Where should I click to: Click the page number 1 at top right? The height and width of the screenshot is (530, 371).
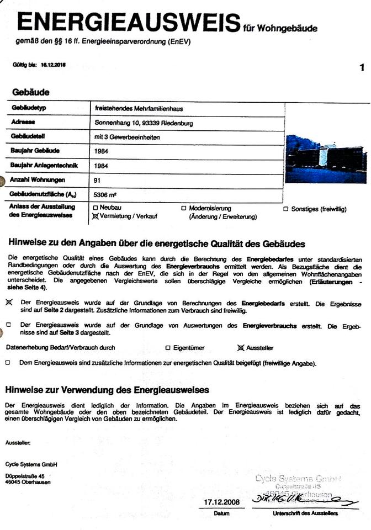[x=362, y=68]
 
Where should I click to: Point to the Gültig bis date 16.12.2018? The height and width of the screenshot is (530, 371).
[x=54, y=64]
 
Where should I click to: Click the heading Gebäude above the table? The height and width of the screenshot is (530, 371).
[x=31, y=92]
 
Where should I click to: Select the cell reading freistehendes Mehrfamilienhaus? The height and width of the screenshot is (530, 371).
[x=133, y=109]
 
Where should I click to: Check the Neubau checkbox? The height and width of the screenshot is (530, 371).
[x=95, y=208]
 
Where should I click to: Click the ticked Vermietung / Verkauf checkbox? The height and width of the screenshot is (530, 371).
[x=95, y=216]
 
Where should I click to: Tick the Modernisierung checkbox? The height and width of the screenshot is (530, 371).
[x=183, y=208]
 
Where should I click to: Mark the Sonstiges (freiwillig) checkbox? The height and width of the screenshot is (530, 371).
[x=286, y=209]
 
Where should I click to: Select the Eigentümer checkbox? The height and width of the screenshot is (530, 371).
[x=168, y=348]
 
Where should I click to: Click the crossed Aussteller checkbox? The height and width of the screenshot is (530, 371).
[x=240, y=348]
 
